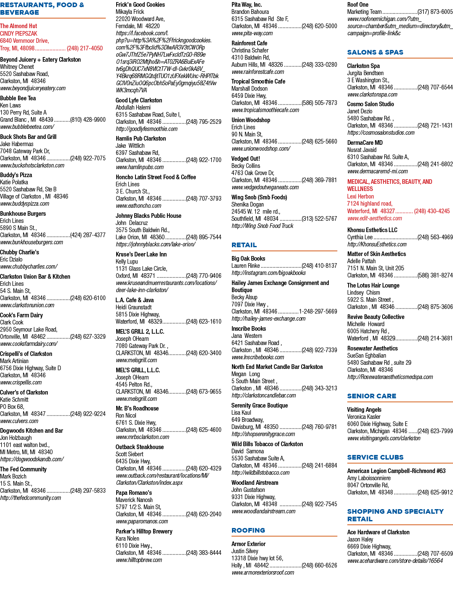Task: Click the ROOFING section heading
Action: click(248, 530)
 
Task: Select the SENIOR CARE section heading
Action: click(372, 396)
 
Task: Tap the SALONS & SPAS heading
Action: click(375, 52)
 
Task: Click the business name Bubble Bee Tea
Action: click(18, 98)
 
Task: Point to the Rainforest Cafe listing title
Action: click(249, 43)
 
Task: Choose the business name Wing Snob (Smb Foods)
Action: click(259, 197)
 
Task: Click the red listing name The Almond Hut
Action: click(18, 26)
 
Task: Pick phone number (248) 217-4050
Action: click(85, 48)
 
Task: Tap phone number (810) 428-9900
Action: click(88, 120)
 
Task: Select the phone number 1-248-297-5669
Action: click(318, 311)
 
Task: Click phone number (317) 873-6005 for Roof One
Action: click(435, 12)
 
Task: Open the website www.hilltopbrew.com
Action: click(139, 560)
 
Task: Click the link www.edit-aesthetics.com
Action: click(375, 218)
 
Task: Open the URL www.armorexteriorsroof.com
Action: click(263, 572)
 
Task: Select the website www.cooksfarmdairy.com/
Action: click(29, 344)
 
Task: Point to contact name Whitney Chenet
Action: click(17, 67)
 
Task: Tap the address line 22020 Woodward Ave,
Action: click(140, 19)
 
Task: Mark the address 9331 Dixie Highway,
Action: click(253, 497)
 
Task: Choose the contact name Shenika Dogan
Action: click(247, 204)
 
